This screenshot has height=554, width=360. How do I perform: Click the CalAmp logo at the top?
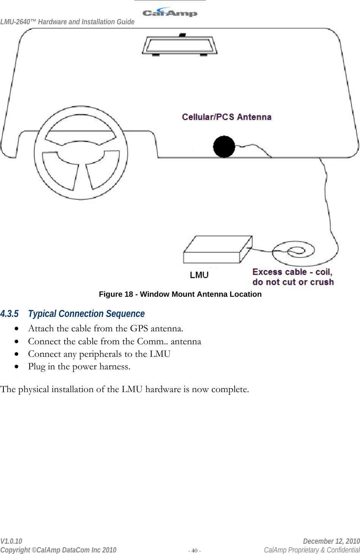click(170, 13)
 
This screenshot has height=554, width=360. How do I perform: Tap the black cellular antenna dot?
click(224, 147)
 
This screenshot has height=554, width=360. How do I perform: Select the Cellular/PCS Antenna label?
click(226, 117)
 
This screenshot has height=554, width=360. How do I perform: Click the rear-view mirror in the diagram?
click(179, 46)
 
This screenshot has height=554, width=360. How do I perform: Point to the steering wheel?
click(81, 153)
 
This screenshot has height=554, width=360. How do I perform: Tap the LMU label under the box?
click(199, 275)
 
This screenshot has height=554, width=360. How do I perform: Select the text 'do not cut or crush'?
click(293, 282)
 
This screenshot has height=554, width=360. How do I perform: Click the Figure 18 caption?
click(180, 294)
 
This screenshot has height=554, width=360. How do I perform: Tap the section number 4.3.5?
click(9, 314)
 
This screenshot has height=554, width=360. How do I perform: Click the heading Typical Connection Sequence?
click(86, 314)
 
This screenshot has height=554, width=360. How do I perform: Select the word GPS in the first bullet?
click(139, 328)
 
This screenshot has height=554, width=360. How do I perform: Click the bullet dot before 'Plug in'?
click(16, 367)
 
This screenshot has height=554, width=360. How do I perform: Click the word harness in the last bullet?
click(114, 367)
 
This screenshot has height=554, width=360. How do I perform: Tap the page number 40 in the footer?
click(194, 551)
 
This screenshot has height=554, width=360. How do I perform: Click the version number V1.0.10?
click(11, 541)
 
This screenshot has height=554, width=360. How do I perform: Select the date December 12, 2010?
click(331, 541)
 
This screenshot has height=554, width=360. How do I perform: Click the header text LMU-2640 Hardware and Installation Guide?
click(67, 22)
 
